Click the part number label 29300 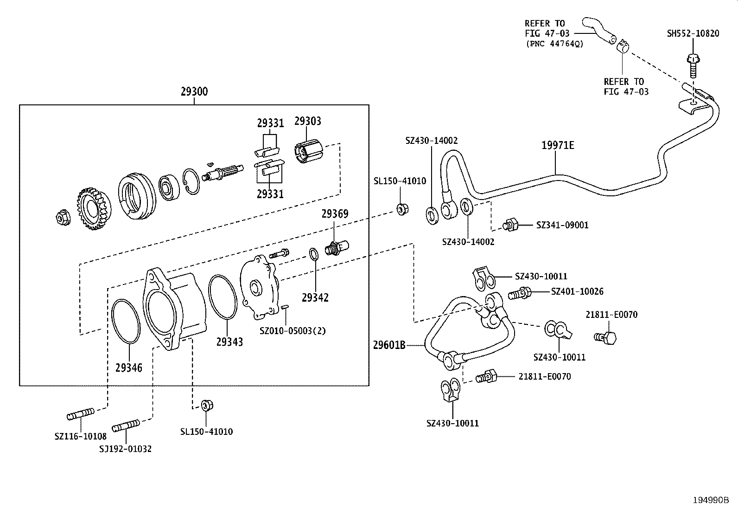click(x=194, y=92)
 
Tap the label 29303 click(x=308, y=121)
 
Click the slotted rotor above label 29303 click(x=310, y=151)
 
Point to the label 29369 click(x=335, y=214)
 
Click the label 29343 click(x=229, y=342)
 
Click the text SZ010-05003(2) click(x=293, y=331)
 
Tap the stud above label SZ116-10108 click(x=81, y=414)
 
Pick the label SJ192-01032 click(x=125, y=449)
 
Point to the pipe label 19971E click(x=558, y=145)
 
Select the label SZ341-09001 click(x=562, y=225)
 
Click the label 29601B click(x=389, y=345)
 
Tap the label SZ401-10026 click(x=577, y=291)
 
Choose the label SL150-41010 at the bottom click(x=206, y=432)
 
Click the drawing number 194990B click(x=711, y=500)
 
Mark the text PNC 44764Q click(x=554, y=44)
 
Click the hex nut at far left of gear click(x=61, y=216)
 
